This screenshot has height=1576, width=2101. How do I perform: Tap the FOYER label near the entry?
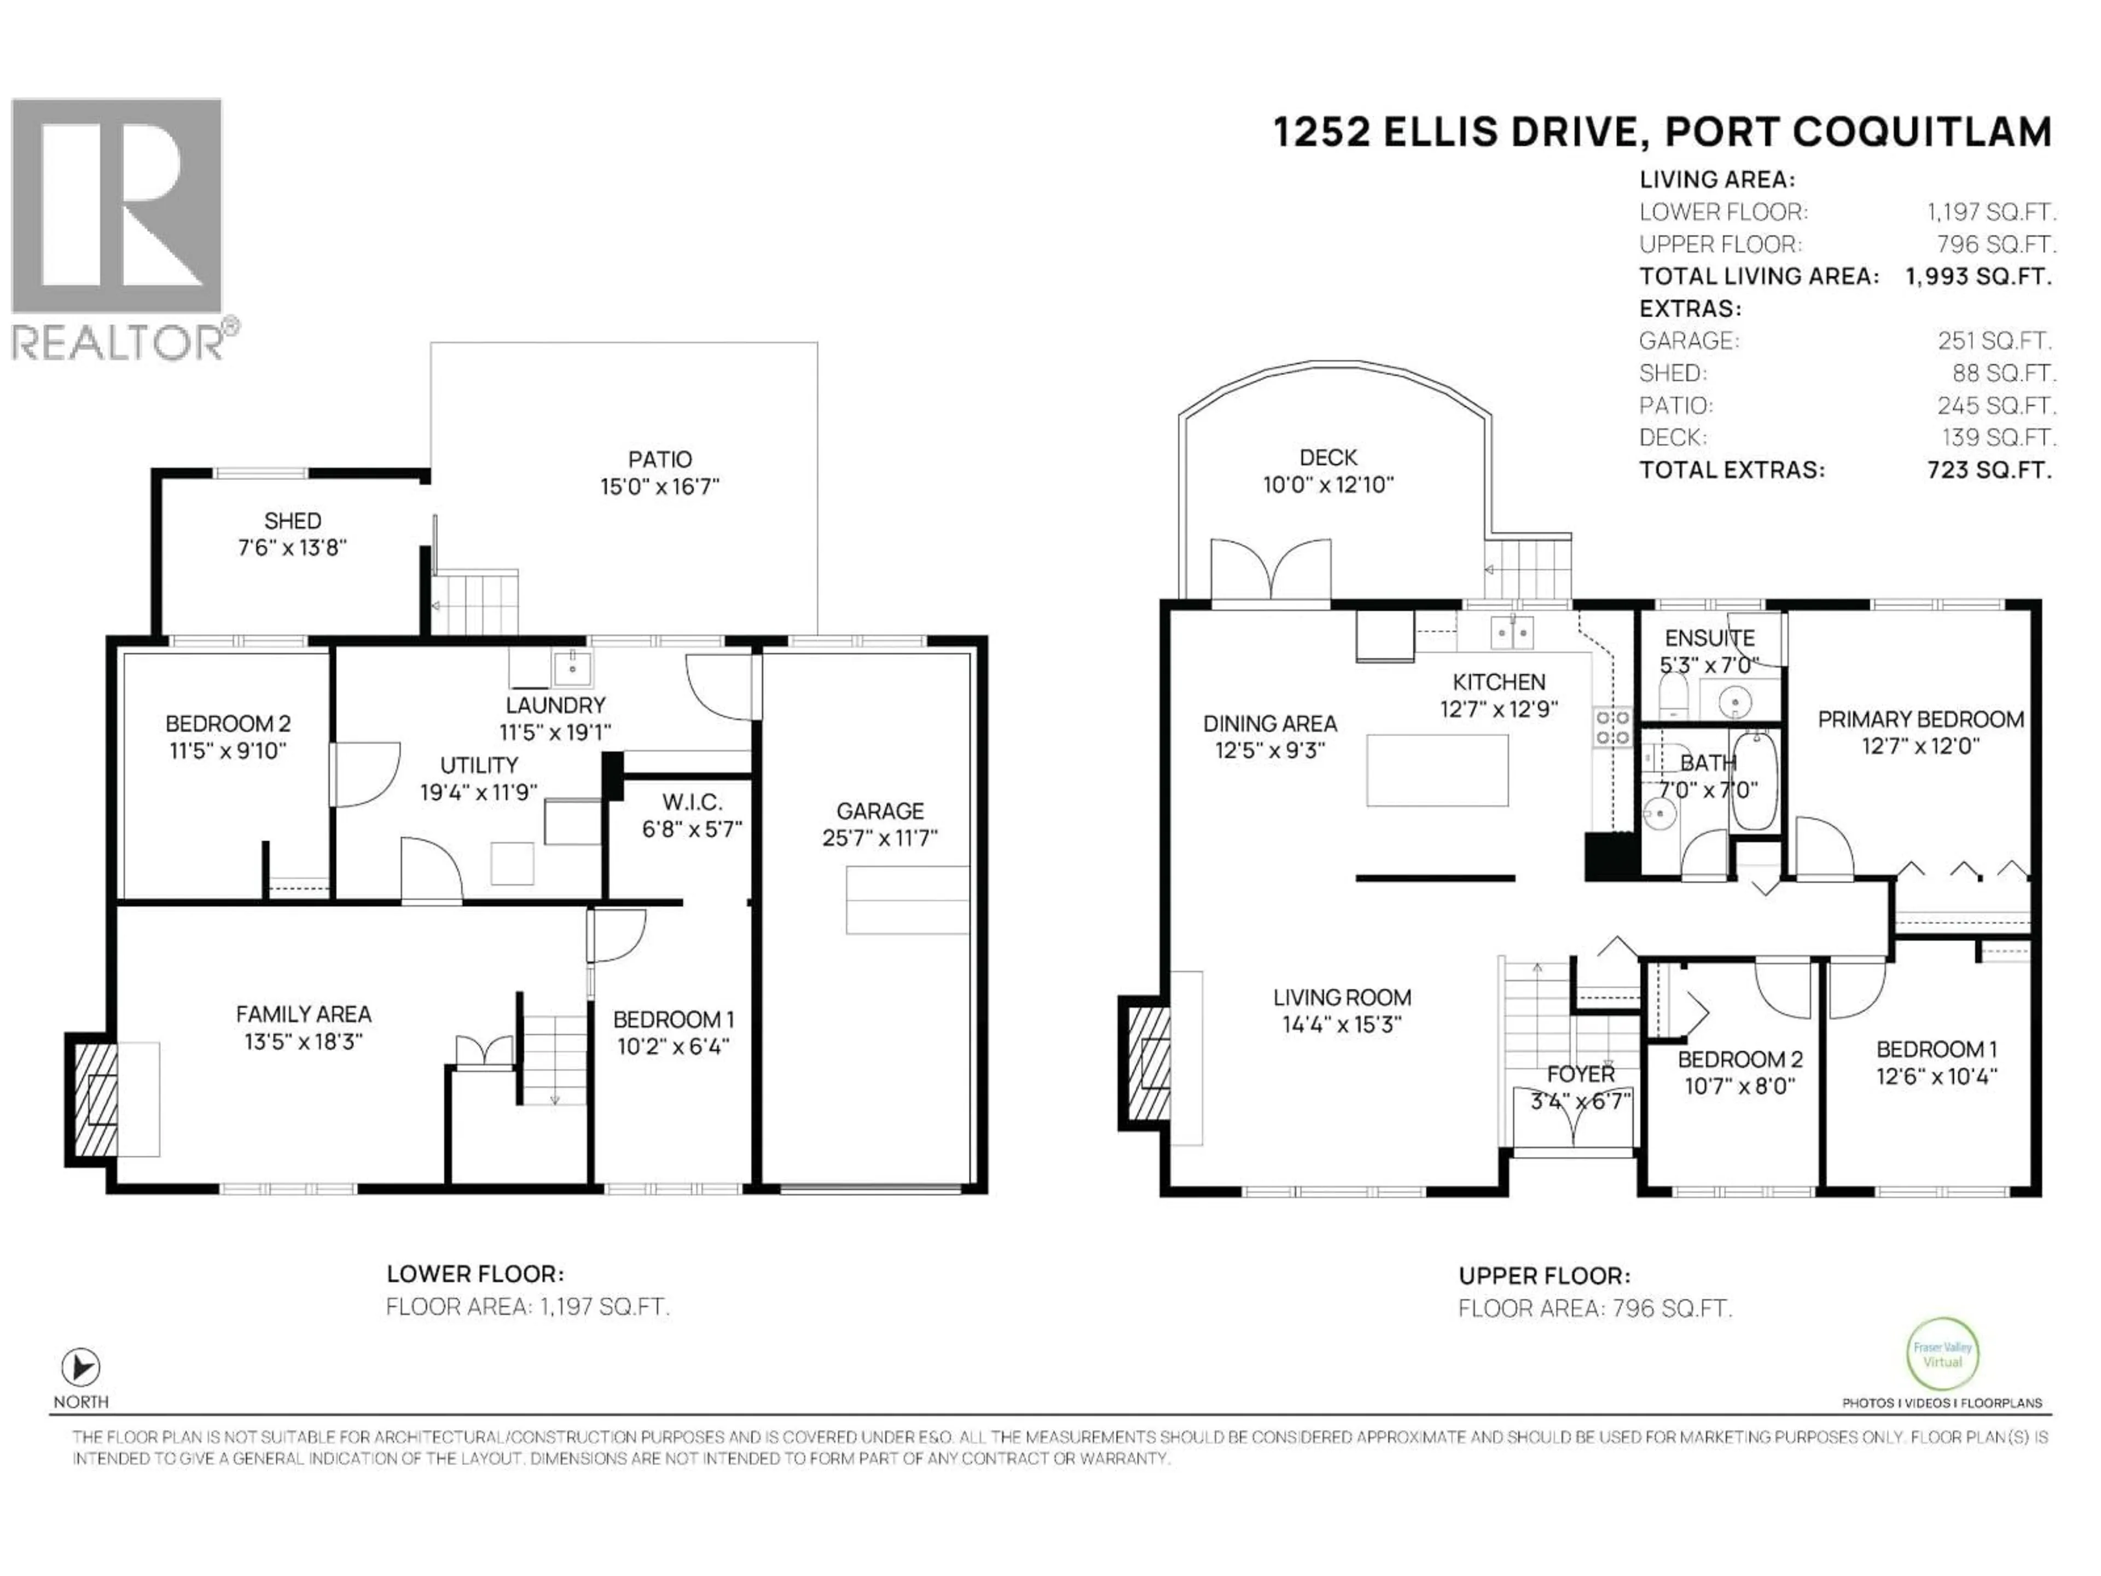[1581, 1074]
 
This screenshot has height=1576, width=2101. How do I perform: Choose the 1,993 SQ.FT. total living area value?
[1978, 276]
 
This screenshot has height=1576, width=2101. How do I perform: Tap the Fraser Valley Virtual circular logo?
[1942, 1354]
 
